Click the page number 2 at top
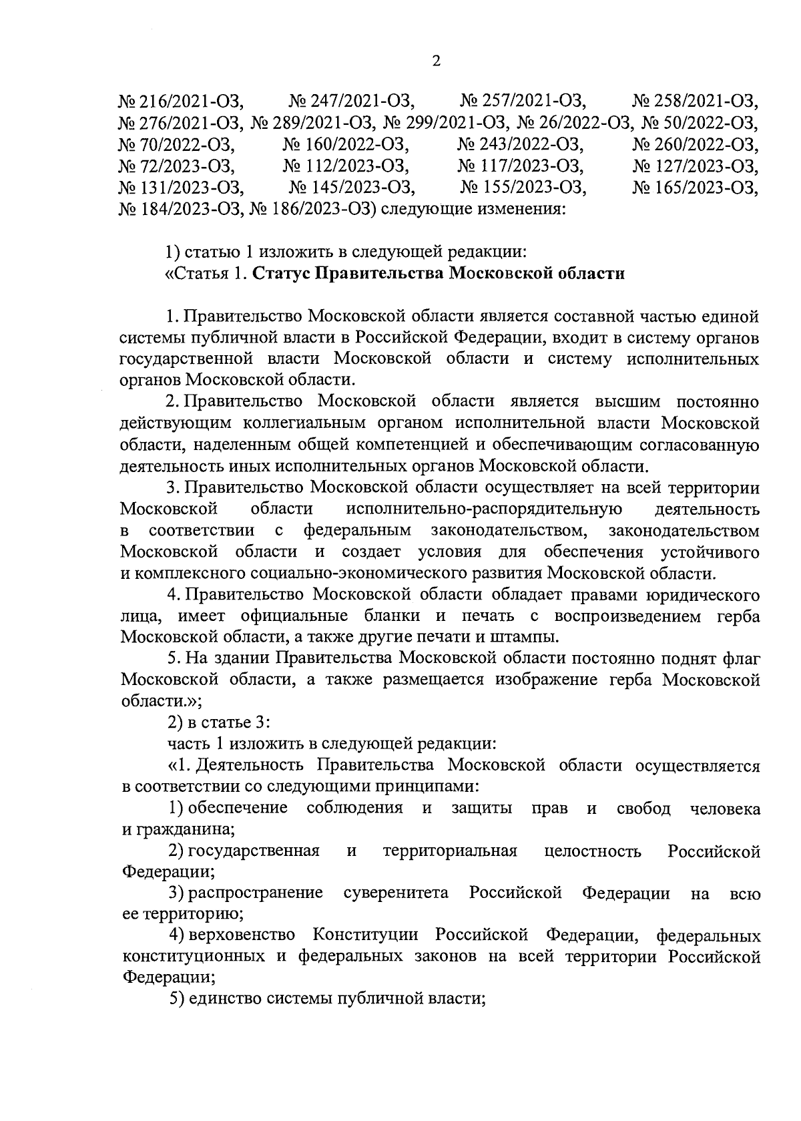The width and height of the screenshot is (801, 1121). [x=437, y=62]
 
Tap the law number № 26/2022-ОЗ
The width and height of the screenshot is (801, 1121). [x=575, y=124]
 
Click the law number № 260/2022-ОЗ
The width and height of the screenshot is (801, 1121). [x=696, y=145]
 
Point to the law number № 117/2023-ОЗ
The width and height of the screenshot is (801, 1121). [x=521, y=166]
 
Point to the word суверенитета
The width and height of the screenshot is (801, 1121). [x=396, y=893]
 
